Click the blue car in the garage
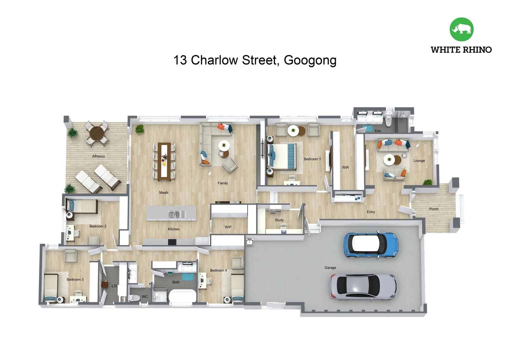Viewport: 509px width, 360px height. coord(371,245)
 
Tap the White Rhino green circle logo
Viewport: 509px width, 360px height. coord(461,29)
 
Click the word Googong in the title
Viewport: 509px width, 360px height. coord(310,60)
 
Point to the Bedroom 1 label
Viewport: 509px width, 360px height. coord(312,159)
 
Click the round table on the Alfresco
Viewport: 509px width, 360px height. coord(97,133)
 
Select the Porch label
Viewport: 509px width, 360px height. coord(433,209)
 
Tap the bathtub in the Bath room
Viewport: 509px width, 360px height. coord(183,296)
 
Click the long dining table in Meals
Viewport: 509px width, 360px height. coord(164,161)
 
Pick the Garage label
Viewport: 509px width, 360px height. coord(330,268)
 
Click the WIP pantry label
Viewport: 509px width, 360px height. coord(228,227)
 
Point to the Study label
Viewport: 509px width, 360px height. coord(279,220)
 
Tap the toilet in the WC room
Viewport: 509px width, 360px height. coord(135,298)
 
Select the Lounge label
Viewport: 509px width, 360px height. coord(419,161)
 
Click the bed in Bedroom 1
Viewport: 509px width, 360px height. coord(282,156)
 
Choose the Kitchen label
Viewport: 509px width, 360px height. coord(174,229)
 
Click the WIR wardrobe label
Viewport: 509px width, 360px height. coord(345,167)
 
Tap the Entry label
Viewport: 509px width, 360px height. coord(371,212)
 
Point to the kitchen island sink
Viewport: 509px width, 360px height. coord(174,214)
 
